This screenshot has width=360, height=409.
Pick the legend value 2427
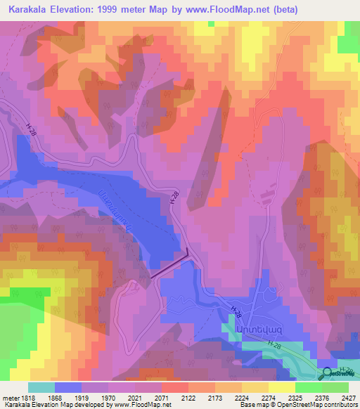tap(347, 398)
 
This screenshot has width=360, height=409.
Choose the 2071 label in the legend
tap(161, 398)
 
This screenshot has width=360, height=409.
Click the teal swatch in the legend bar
tap(41, 387)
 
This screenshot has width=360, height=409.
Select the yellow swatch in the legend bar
tap(281, 387)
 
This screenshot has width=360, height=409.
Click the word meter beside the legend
tap(10, 398)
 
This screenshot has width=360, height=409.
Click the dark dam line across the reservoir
tap(169, 267)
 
